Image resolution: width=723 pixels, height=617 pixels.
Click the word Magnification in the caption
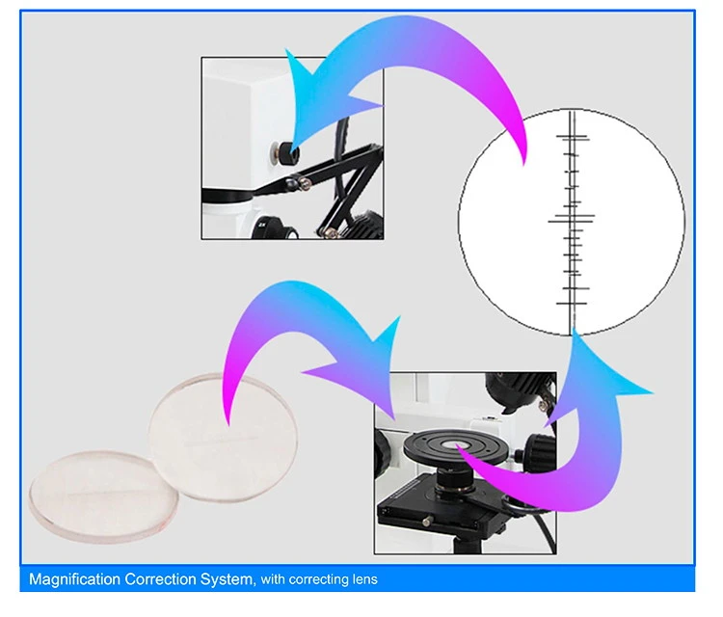74,579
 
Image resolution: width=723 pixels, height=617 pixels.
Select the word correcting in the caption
319,579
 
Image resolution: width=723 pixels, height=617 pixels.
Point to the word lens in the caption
365,579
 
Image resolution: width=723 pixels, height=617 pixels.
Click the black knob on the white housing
286,153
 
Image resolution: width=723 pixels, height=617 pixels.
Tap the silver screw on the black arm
305,184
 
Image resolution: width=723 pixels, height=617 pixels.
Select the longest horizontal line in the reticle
572,222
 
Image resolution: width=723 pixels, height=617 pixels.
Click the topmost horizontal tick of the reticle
573,136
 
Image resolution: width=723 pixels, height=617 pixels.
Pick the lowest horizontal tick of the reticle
572,304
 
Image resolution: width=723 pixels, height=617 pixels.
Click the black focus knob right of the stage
540,449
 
